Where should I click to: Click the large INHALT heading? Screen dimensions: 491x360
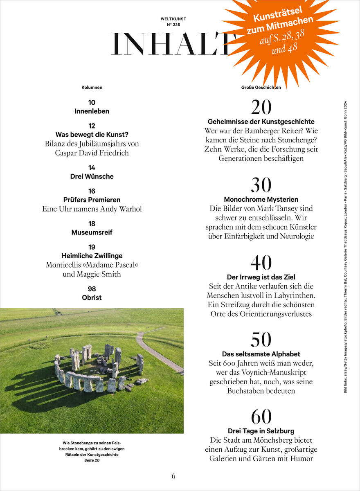[x=172, y=44]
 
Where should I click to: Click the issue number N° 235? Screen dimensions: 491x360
[x=173, y=25]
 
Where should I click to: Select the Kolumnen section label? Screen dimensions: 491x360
[x=92, y=88]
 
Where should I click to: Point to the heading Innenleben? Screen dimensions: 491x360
[x=92, y=111]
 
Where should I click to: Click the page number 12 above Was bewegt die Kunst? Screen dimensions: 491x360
[x=92, y=126]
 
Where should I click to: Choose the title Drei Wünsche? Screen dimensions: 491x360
[x=92, y=177]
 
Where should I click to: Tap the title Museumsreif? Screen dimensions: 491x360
[x=92, y=232]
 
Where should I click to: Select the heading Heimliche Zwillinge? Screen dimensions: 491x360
[x=92, y=256]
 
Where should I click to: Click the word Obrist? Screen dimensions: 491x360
[x=92, y=298]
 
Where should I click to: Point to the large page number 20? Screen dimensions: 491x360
[x=261, y=107]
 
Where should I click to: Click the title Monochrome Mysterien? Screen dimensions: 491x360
[x=261, y=200]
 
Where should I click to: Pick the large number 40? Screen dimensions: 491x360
[x=261, y=263]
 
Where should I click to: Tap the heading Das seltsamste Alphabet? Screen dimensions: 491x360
[x=261, y=354]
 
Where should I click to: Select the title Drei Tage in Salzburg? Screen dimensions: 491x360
[x=261, y=431]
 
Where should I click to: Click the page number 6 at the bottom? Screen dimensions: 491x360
[x=173, y=476]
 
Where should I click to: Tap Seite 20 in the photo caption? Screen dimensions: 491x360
[x=92, y=460]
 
